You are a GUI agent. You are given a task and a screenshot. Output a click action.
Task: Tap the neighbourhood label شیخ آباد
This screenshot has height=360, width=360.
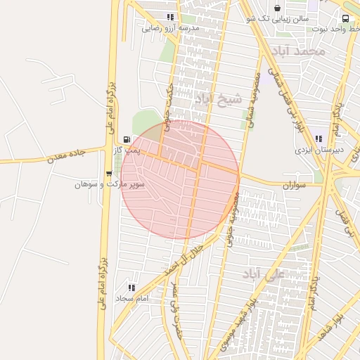tap(218, 99)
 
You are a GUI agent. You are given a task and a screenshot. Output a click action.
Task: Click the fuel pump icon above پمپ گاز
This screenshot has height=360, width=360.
tap(126, 139)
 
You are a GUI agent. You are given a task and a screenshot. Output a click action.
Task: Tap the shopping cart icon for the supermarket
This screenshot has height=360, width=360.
tap(108, 174)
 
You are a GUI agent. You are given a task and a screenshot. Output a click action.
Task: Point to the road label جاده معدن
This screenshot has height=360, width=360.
tap(67, 157)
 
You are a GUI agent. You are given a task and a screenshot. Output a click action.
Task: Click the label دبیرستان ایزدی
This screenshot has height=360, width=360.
tap(319, 150)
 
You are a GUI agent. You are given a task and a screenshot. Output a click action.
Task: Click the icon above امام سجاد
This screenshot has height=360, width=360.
tap(131, 287)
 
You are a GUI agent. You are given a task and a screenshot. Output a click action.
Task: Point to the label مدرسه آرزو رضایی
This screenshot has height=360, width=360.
tap(171, 28)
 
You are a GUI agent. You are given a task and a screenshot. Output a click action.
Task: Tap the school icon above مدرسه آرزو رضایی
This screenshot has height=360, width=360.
tap(169, 17)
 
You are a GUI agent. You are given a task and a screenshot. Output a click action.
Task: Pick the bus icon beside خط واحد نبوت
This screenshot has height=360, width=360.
tap(345, 18)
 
